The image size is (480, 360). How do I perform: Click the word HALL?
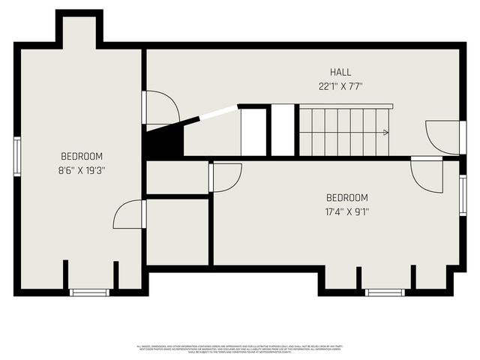coord(340,72)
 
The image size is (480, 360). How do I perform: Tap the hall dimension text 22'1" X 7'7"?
coord(340,86)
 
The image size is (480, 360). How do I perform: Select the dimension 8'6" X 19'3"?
coord(82,170)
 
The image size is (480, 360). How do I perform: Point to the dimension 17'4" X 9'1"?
coord(346,211)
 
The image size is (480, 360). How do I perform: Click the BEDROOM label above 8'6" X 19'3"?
coord(82,156)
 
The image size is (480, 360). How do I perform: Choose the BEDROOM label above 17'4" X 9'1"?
coord(346,197)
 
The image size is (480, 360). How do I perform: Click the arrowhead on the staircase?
coord(385,133)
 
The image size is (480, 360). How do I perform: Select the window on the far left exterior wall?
coord(16,156)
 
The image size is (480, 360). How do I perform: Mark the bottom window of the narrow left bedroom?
coord(89,292)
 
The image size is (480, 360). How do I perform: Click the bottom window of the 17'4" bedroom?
coord(385,292)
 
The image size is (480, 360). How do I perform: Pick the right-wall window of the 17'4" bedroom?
coord(463,195)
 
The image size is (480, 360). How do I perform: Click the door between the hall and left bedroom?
coord(158,107)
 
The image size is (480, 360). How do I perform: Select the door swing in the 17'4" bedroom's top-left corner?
coord(226,177)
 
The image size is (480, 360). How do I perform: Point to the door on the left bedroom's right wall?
coord(129,214)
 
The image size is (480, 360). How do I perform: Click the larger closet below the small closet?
coord(178,231)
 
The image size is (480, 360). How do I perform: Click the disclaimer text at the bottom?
coord(239,349)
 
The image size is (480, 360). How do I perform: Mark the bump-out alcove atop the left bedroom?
coord(79,30)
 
